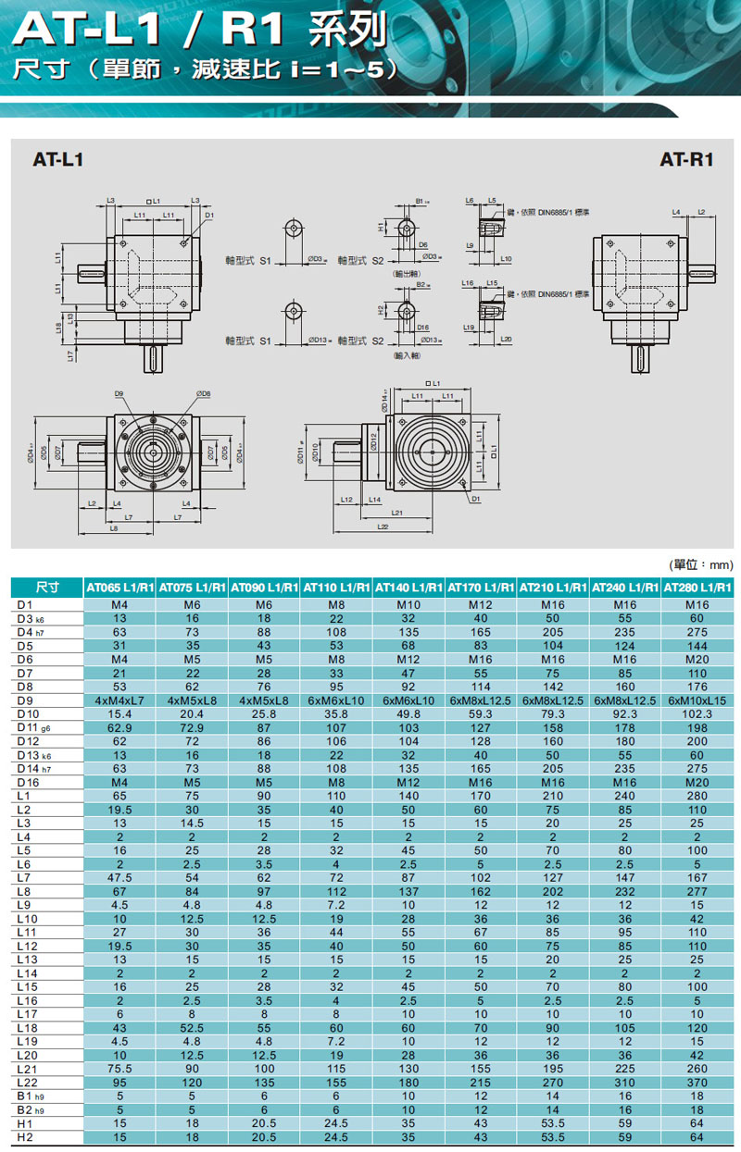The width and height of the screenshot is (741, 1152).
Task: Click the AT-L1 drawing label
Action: (x=58, y=159)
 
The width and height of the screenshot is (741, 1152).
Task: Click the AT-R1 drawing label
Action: (x=685, y=159)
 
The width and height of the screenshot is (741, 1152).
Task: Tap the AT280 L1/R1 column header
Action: (x=698, y=587)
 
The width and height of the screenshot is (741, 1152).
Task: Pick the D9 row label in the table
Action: (x=27, y=700)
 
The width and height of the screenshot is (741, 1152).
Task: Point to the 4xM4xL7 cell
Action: (x=120, y=700)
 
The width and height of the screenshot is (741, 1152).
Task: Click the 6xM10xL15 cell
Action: (x=698, y=700)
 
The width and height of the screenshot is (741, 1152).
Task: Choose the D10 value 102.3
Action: (x=698, y=714)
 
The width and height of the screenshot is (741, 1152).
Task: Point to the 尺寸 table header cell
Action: (x=46, y=587)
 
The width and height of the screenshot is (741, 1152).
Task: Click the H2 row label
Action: (x=26, y=1136)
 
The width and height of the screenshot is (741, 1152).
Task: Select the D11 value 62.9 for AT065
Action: (x=120, y=729)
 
